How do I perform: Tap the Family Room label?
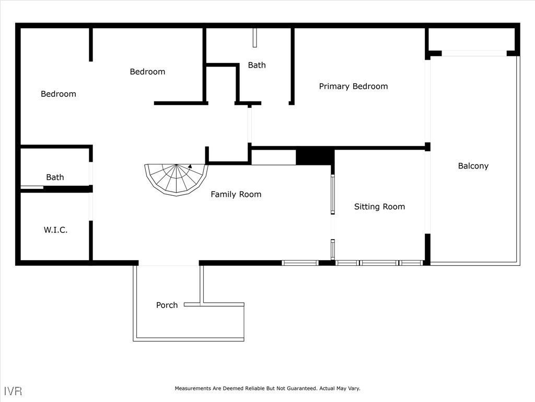coord(236,194)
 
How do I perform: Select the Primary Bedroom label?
coord(353,86)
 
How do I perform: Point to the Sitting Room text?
coord(379,207)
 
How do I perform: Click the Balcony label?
coord(473,166)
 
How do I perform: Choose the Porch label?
coord(167,305)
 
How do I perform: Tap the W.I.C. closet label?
coord(55,230)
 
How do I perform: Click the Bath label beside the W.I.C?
coord(55,177)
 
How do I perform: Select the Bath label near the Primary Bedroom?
coord(257,65)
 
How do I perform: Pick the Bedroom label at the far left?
coord(59,94)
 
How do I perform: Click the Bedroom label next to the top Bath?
coord(147,72)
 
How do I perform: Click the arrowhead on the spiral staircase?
coord(190,166)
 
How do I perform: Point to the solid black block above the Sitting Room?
coord(315,157)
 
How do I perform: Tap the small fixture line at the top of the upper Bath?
coord(255,38)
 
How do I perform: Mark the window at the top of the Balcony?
coord(474,53)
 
